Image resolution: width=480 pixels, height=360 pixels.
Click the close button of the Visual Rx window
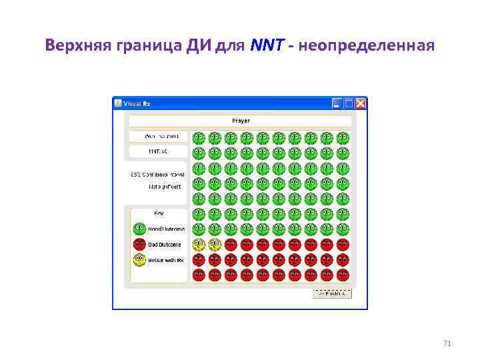coord(361,103)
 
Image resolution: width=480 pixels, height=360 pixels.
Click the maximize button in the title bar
coord(349,103)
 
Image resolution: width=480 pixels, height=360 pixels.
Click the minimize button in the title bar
coord(337,103)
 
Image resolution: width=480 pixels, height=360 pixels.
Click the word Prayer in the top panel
coord(241,121)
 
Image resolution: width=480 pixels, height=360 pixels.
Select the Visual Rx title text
coord(137,103)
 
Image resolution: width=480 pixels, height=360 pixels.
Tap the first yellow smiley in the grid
coord(198,245)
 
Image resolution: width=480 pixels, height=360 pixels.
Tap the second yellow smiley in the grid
coord(214,245)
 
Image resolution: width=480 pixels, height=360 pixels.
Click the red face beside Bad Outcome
coord(139,245)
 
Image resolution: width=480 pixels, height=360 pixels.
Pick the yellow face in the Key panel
coord(139,260)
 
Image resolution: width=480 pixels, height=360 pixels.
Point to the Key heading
coord(159,213)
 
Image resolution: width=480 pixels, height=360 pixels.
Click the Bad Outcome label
coord(164,245)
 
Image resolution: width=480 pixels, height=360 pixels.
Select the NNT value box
coord(158,151)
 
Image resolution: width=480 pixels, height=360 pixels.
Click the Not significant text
coord(165,187)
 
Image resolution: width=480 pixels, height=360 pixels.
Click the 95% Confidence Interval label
coord(158,174)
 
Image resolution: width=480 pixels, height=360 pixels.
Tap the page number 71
coord(447,343)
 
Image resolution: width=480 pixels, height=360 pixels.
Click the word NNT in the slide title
coord(267,46)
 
